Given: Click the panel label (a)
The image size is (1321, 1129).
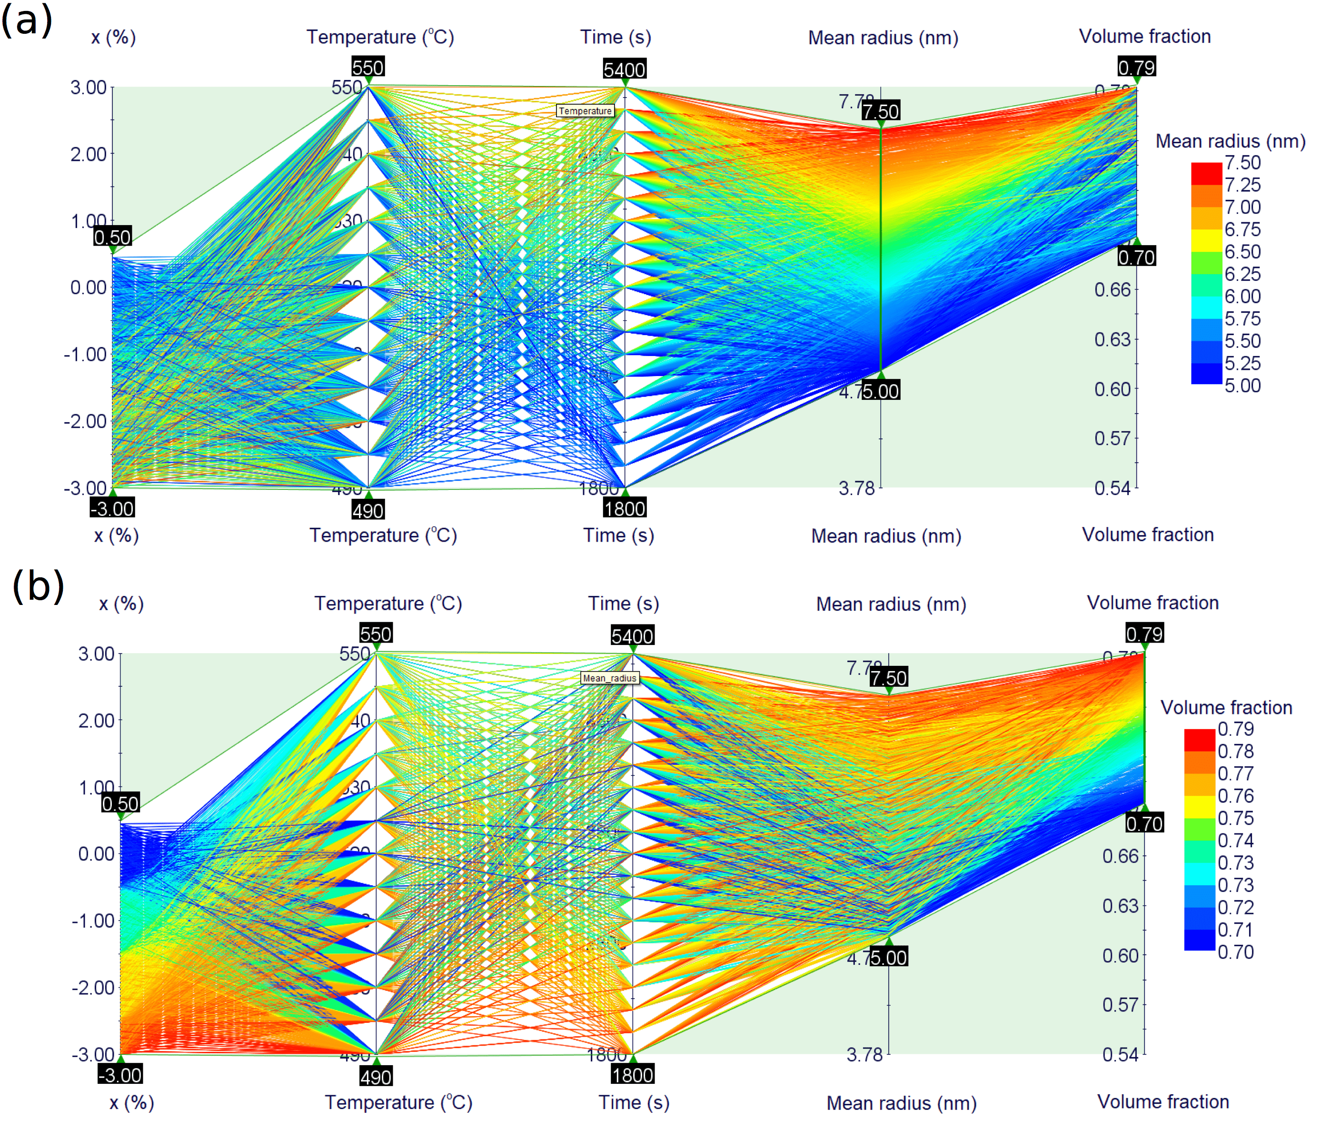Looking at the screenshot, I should click(26, 20).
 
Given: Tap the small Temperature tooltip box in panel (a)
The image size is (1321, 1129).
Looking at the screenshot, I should click(585, 111).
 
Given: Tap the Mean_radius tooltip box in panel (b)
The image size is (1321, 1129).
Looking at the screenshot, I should click(609, 678).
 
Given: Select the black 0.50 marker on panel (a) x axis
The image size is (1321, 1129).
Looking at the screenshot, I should click(112, 237).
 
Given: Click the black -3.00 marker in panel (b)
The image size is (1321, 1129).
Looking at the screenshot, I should click(120, 1074).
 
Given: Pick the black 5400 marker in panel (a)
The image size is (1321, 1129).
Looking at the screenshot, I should click(624, 69).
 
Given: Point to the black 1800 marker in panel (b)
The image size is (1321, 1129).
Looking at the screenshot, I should click(633, 1074).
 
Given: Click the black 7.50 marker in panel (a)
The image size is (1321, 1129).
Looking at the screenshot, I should click(881, 111).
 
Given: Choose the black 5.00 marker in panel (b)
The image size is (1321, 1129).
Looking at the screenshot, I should click(889, 957).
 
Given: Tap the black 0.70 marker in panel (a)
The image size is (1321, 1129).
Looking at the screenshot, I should click(1136, 257).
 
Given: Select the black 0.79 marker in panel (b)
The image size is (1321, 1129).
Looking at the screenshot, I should click(1144, 634).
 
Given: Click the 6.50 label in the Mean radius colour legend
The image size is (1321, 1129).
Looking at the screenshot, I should click(1242, 251).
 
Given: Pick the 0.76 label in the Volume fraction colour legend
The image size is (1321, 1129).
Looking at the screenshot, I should click(1235, 796).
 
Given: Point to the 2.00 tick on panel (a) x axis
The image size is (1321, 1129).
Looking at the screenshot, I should click(89, 154).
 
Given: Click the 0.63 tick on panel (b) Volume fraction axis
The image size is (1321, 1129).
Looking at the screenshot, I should click(1120, 905).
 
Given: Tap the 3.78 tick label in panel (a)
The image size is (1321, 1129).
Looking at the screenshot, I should click(856, 488).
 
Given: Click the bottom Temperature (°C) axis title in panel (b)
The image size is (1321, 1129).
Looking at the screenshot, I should click(398, 1102).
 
